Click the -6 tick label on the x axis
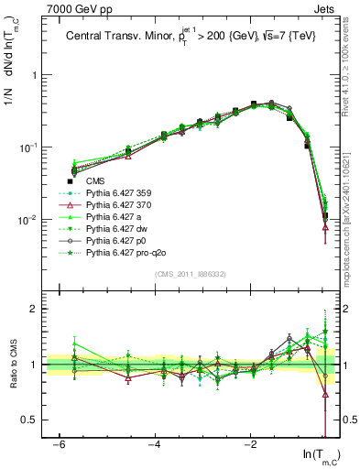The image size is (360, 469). click(59, 444)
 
